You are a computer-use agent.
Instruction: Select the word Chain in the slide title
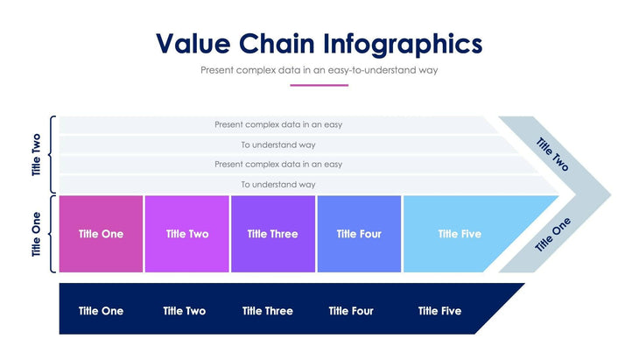[284, 44]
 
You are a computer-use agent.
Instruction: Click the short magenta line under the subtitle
[319, 85]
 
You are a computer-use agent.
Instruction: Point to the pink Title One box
[101, 234]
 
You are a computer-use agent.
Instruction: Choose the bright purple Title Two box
[186, 234]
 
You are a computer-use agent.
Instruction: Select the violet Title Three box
[272, 234]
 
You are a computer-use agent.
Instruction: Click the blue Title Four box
[359, 234]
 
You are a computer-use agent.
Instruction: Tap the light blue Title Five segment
[460, 234]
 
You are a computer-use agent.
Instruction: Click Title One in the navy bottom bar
[101, 311]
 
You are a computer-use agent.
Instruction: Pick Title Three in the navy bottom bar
[268, 311]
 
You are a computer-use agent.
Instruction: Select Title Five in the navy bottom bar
[439, 311]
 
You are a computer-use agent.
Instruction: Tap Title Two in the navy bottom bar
[184, 311]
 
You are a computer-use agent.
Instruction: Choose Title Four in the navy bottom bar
[351, 311]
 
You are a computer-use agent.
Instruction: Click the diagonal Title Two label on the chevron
[552, 154]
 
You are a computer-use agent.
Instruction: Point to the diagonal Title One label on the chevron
[552, 234]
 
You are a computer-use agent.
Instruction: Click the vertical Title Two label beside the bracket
[37, 155]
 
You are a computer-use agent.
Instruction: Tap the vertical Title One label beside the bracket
[37, 235]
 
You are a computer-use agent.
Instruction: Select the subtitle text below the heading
[319, 69]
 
